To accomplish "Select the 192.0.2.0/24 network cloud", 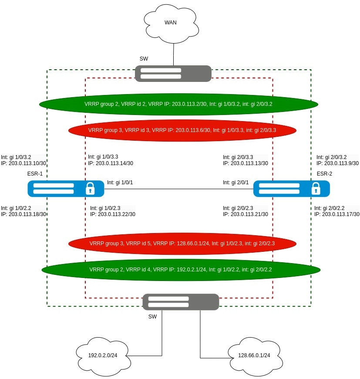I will pos(101,355).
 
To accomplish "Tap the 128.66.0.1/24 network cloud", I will pos(254,355).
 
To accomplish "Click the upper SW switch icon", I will pos(173,74).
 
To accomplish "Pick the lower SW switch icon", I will pos(181,302).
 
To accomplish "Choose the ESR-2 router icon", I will pos(291,188).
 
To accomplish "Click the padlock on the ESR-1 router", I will pos(90,188).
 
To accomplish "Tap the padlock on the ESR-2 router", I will pos(316,188).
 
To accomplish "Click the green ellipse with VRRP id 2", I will pos(178,104).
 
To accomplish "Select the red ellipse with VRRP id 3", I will pos(182,130).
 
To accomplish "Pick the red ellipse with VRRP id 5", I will pos(182,244).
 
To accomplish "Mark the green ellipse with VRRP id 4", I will pos(181,270).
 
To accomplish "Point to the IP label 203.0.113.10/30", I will pos(24,163).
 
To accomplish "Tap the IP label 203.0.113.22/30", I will pos(113,214).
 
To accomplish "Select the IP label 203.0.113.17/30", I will pos(337,214).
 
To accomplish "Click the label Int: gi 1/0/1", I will pos(120,183).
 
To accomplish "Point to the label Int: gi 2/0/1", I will pos(236,183).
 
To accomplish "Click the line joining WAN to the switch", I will pos(173,54).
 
